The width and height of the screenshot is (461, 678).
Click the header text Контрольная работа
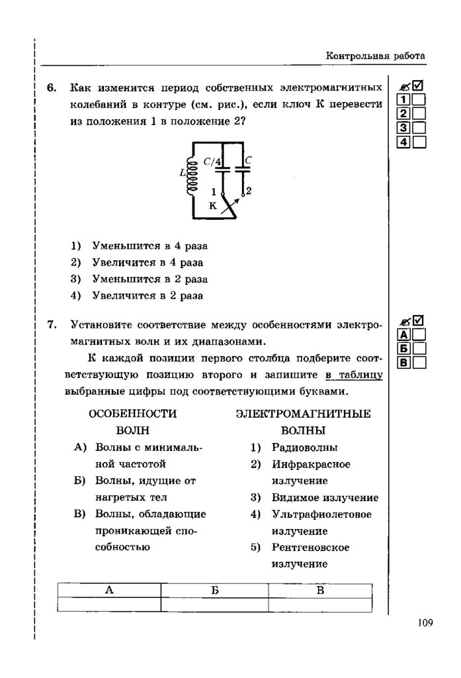[x=375, y=56]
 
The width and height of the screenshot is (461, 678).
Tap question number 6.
[x=52, y=88]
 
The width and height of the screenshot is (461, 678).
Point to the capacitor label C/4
[x=212, y=160]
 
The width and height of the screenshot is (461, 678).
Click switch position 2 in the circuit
[x=247, y=191]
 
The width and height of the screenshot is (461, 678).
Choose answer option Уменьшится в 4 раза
[x=150, y=246]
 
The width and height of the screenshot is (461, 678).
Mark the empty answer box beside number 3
[x=419, y=128]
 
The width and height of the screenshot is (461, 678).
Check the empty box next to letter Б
[x=419, y=348]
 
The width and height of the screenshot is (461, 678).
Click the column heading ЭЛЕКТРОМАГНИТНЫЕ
[x=303, y=413]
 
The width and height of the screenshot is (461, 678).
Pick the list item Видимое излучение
[x=325, y=497]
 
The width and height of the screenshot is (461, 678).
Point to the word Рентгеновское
[x=310, y=548]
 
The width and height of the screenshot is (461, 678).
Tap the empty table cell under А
[x=109, y=604]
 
